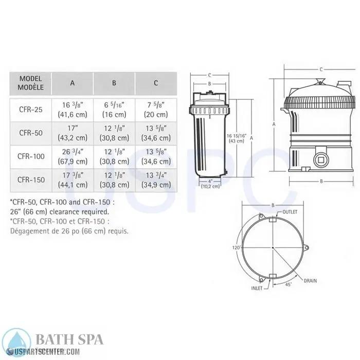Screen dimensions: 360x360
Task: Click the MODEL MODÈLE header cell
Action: [30, 83]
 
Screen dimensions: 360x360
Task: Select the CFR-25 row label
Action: [30, 109]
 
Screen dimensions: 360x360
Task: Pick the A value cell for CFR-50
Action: [72, 132]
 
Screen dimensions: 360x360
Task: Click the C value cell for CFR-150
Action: [155, 179]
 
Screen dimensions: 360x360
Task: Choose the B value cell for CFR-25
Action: [114, 109]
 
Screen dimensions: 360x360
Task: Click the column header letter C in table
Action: [155, 83]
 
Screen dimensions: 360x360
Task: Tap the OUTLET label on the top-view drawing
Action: [291, 212]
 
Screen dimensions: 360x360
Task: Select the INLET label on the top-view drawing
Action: [257, 288]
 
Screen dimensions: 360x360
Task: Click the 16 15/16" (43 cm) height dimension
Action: [240, 138]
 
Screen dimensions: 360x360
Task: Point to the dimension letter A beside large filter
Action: [275, 124]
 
